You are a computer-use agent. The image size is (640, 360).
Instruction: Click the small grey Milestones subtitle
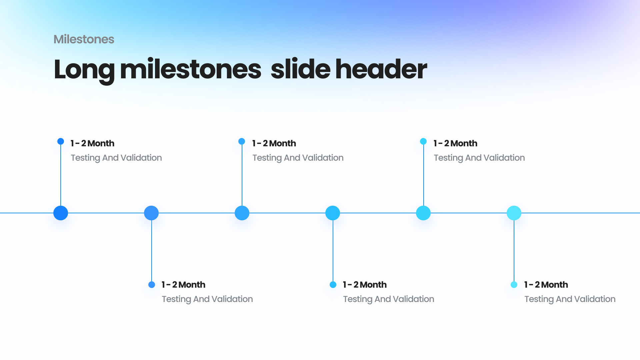pos(84,39)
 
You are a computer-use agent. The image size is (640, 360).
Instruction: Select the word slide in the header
pos(300,69)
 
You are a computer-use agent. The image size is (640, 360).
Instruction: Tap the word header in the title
pos(381,69)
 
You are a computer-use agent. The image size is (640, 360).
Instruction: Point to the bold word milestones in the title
pos(190,69)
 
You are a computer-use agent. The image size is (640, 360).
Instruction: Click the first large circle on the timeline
pos(61,213)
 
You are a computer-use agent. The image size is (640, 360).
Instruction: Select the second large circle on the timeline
pos(151,213)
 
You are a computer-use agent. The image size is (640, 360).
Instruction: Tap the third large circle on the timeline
pos(242,213)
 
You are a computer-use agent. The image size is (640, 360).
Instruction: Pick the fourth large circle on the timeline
pos(333,213)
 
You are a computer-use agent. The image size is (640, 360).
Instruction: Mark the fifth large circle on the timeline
pos(423,213)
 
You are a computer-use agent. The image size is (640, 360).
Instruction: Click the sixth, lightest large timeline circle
pos(514,213)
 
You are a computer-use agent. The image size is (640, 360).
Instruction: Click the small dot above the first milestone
pos(61,141)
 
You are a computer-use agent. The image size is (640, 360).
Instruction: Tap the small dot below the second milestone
pos(152,285)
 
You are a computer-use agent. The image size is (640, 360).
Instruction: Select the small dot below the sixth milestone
pos(514,285)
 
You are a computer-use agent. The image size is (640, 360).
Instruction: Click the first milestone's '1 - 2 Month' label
pos(92,143)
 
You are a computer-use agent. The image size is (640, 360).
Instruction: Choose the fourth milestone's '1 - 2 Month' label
pos(365,285)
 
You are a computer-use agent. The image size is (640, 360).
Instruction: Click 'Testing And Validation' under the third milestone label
pos(298,158)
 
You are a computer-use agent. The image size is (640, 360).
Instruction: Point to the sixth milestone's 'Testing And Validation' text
pos(570,299)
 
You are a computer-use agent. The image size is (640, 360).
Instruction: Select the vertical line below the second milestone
pos(152,251)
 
